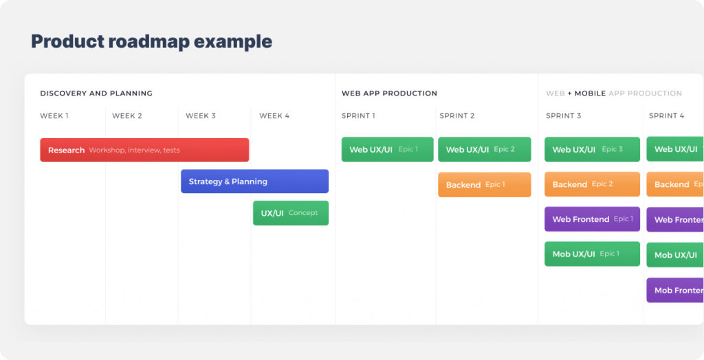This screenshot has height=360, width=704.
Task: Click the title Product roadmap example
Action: point(151,41)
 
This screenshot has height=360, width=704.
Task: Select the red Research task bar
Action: point(144,150)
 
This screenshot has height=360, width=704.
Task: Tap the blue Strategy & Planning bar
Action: point(254,181)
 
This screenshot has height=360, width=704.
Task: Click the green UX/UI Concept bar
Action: point(290,213)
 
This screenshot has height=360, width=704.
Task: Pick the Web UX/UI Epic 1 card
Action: point(387,149)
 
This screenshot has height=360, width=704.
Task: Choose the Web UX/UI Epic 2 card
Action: point(484,149)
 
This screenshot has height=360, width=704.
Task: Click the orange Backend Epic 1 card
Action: point(484,185)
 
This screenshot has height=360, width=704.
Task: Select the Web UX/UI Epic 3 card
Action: point(592,149)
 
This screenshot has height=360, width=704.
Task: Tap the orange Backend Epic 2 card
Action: point(592,184)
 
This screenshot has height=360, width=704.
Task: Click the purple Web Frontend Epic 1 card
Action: point(592,219)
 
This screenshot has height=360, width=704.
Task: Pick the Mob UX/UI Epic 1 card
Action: point(592,254)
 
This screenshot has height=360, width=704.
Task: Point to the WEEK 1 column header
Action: point(54,116)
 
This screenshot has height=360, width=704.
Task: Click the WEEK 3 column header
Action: point(201,116)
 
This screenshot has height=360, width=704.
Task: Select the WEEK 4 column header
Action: point(274,116)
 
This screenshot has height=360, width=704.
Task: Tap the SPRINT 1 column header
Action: point(358,116)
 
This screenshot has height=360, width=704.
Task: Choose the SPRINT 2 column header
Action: point(457,116)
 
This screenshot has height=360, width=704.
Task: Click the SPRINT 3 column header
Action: point(564,116)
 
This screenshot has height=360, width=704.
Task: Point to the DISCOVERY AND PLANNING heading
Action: point(96,93)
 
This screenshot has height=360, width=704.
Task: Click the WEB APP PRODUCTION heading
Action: point(389,93)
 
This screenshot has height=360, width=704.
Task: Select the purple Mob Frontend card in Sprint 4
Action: point(675,290)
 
